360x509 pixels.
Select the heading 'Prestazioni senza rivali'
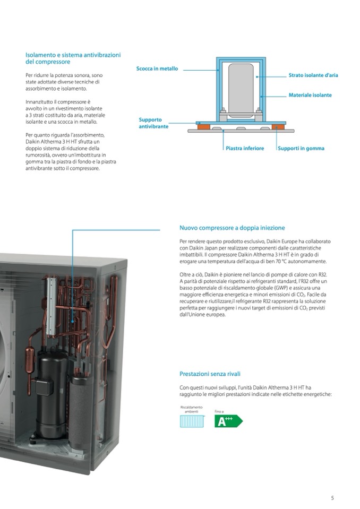(x=210, y=374)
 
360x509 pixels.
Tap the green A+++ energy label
(x=227, y=421)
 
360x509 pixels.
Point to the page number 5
(x=332, y=498)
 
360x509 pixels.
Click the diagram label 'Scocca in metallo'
(x=157, y=69)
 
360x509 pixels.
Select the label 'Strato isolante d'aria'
(x=313, y=75)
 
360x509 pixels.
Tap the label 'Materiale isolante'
(x=310, y=95)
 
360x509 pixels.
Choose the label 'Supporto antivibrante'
(x=153, y=123)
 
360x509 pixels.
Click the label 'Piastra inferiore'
(x=245, y=149)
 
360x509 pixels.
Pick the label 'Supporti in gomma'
(x=301, y=149)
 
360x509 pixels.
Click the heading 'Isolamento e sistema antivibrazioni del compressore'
(x=73, y=58)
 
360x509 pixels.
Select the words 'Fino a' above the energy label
(x=219, y=411)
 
